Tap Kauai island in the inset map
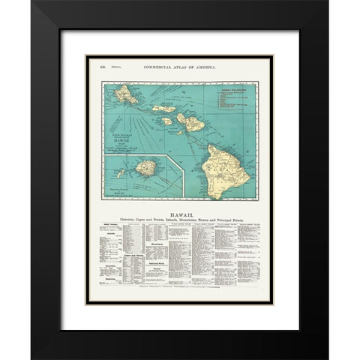[x=147, y=167]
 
